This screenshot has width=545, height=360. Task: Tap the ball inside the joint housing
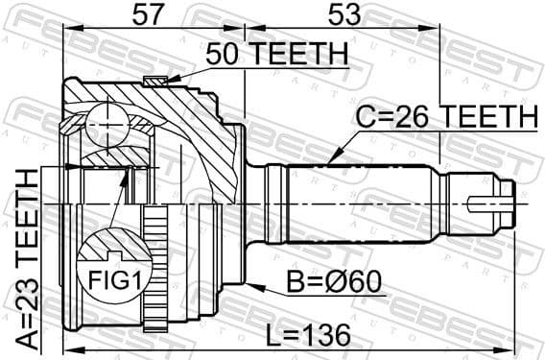point(106,122)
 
